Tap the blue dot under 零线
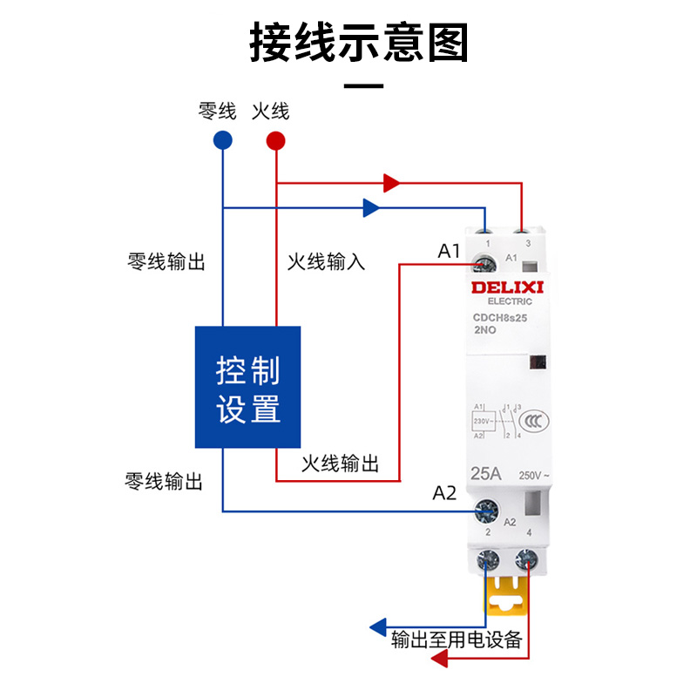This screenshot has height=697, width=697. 222,139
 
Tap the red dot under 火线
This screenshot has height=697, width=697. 276,139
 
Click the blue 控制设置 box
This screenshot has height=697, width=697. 247,387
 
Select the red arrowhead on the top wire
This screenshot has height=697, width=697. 392,183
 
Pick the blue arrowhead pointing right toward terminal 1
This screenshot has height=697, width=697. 371,207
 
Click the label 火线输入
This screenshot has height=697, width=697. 326,261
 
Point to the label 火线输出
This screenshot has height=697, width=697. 340,464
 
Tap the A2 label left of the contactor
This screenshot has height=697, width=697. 444,493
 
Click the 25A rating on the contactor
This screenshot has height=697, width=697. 484,475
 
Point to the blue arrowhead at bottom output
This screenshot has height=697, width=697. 378,626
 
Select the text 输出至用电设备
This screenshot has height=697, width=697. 457,640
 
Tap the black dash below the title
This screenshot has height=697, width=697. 364,86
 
